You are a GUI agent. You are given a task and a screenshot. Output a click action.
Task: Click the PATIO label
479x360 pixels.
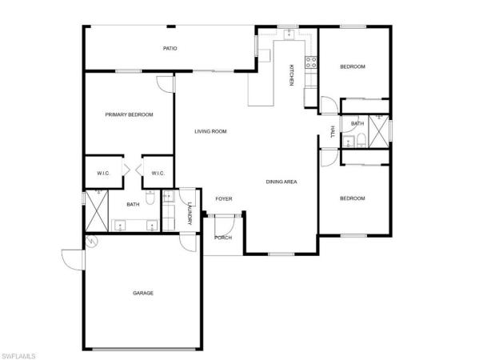(x=170, y=49)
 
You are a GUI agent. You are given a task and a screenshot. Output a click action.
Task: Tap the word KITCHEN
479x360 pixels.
(x=292, y=75)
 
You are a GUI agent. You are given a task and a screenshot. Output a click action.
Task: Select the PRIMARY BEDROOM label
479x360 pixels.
(x=129, y=114)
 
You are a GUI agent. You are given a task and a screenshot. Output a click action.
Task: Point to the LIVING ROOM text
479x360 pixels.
(x=211, y=131)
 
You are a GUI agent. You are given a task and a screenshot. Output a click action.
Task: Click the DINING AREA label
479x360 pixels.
(x=281, y=182)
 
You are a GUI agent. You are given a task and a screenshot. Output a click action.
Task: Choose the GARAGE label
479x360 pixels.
(x=143, y=293)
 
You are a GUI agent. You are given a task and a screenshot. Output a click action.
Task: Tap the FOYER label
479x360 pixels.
(x=223, y=198)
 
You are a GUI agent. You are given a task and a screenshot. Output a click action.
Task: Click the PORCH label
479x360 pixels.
(x=223, y=238)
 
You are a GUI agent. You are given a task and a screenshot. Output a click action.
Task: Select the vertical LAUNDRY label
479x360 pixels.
(x=190, y=214)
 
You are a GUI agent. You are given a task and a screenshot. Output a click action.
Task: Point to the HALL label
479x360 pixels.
(x=331, y=131)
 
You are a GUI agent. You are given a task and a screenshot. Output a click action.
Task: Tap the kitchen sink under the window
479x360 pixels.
(x=289, y=34)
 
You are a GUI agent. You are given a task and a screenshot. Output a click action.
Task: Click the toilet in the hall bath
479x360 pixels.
(x=361, y=142)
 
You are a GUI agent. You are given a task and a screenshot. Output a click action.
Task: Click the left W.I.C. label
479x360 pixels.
(x=103, y=173)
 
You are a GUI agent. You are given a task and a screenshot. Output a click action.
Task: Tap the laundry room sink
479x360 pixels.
(x=169, y=195)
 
